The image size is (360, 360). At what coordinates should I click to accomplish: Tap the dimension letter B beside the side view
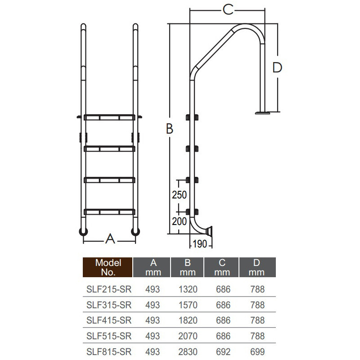169,129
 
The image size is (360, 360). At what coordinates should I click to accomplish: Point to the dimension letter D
277,67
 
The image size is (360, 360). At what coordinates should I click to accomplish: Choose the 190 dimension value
200,244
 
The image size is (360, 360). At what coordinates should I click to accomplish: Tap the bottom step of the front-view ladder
110,211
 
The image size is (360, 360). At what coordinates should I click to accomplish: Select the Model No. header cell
108,267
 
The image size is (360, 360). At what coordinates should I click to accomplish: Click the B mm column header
188,267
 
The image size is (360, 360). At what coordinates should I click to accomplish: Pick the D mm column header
257,267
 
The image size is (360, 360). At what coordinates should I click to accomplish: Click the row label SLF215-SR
108,289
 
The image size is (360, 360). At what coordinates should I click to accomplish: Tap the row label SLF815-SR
108,352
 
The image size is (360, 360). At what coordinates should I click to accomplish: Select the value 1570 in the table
188,305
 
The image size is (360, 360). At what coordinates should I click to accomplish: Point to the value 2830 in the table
188,352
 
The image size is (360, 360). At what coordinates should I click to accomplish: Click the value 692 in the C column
222,352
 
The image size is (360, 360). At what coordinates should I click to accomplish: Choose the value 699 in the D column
257,352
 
